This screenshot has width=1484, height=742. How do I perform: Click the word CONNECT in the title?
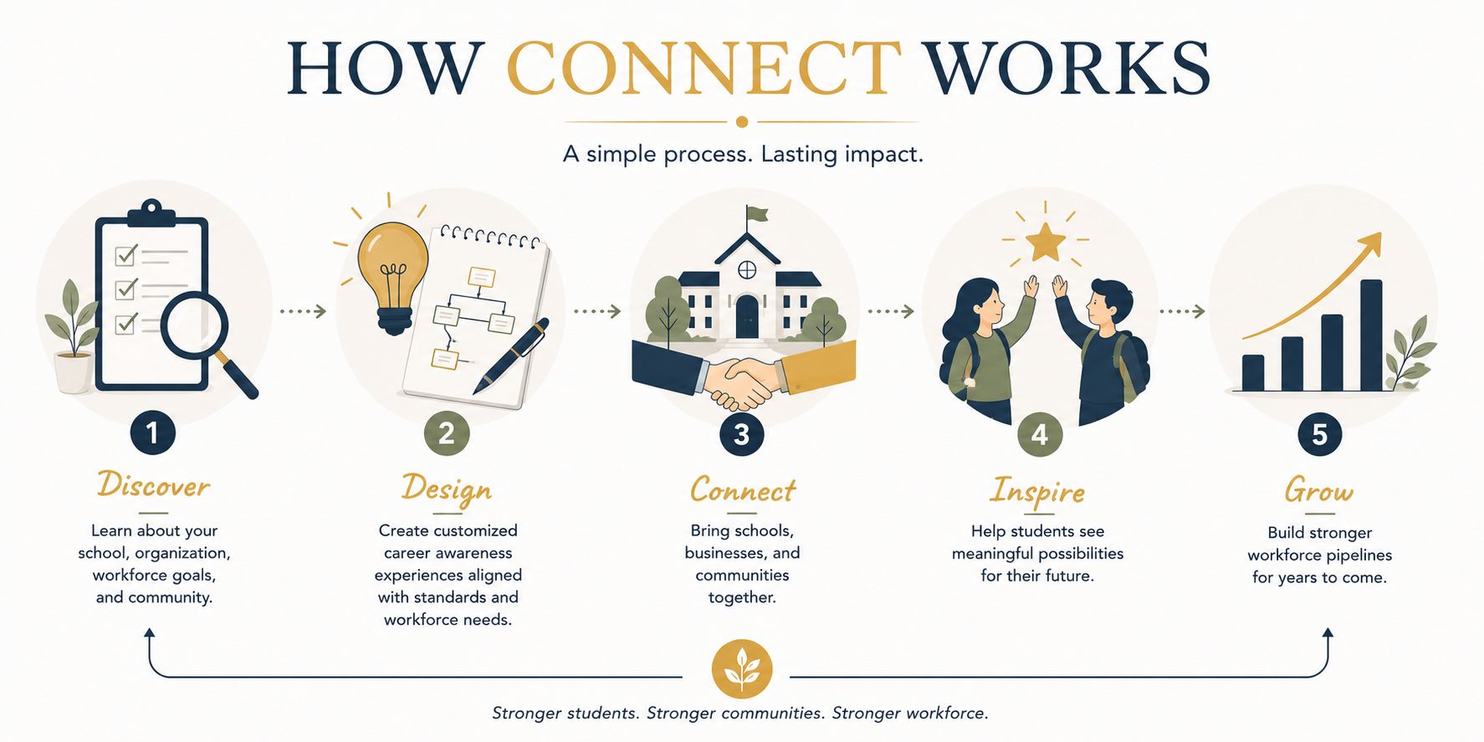click(x=704, y=68)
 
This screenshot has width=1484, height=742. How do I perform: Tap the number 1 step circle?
click(x=153, y=432)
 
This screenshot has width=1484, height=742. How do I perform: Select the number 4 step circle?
click(x=1039, y=434)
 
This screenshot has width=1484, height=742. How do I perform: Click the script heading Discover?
click(x=153, y=485)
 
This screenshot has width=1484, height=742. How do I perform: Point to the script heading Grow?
click(x=1319, y=490)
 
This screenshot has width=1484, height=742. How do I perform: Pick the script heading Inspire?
click(x=1037, y=491)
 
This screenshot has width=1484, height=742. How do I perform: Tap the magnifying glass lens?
click(x=194, y=325)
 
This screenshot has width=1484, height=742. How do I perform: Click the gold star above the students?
click(x=1046, y=242)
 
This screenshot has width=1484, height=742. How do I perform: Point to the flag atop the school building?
click(x=758, y=214)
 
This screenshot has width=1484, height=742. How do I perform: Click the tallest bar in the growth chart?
click(x=1371, y=335)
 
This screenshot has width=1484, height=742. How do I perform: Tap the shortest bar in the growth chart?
click(x=1253, y=373)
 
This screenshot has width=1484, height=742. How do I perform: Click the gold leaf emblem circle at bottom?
click(x=742, y=669)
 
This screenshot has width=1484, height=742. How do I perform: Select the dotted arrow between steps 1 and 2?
click(x=303, y=311)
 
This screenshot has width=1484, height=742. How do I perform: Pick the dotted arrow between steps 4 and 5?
click(x=1182, y=311)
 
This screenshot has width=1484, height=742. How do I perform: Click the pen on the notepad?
click(x=510, y=356)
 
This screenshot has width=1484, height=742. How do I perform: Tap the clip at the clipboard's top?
click(x=151, y=212)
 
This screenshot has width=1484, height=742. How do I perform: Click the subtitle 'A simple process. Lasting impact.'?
click(x=743, y=155)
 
